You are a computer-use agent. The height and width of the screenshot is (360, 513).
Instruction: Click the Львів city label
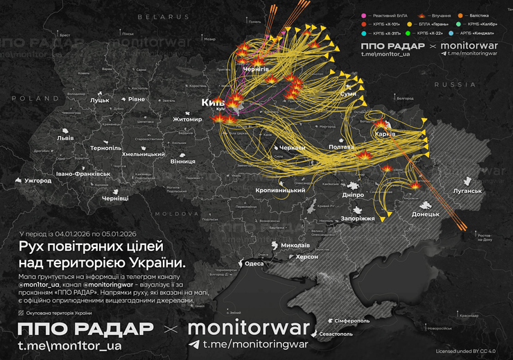(65, 138)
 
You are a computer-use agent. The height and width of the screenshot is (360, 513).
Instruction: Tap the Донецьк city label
(426, 214)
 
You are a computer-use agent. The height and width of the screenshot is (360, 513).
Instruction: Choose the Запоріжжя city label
(358, 218)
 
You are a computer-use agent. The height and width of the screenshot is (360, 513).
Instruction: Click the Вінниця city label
(183, 161)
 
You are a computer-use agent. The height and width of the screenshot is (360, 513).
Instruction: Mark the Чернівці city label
(115, 198)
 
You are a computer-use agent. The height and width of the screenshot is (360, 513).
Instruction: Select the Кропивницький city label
(280, 190)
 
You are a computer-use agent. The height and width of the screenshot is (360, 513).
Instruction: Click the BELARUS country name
(159, 16)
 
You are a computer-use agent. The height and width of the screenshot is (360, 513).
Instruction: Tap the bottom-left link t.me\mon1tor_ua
(70, 345)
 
